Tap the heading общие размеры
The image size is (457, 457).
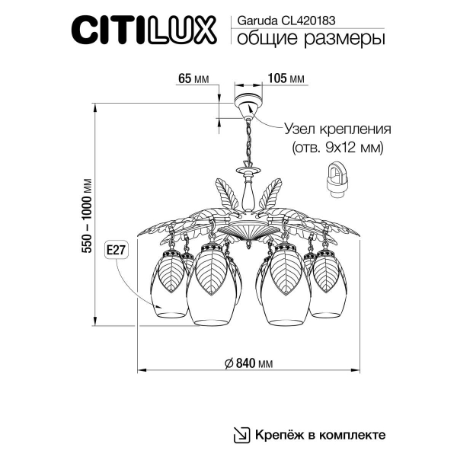pos(305,39)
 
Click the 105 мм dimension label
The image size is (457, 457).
pos(287,78)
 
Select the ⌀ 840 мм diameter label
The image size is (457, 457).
pos(250,363)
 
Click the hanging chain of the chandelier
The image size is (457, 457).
pos(248,142)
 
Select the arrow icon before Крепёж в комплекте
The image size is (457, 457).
pos(241,435)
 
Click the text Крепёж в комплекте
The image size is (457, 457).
pos(320,435)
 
